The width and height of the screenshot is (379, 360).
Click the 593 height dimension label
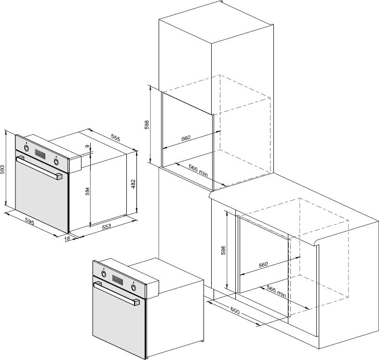click(x=2, y=169)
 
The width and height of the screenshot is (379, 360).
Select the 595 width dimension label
click(x=30, y=222)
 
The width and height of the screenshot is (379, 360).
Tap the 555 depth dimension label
click(x=116, y=138)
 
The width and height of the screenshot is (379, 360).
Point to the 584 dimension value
click(x=87, y=191)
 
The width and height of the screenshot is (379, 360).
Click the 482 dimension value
click(x=133, y=184)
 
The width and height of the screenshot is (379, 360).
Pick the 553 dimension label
click(x=107, y=227)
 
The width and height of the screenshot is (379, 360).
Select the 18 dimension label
click(x=67, y=238)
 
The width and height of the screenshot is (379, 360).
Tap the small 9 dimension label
click(x=87, y=146)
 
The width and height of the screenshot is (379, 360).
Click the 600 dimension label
click(x=235, y=311)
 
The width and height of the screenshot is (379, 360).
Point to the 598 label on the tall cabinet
click(x=147, y=125)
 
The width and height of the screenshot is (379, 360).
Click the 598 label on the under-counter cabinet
click(x=223, y=250)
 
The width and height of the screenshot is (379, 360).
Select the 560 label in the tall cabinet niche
click(x=186, y=138)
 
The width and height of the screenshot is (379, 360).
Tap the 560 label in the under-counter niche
click(x=263, y=264)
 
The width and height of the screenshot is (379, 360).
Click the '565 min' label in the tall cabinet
click(x=198, y=170)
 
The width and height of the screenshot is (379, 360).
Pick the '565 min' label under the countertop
click(x=276, y=291)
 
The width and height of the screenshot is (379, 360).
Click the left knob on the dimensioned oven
click(x=27, y=148)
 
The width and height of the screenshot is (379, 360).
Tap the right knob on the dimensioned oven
click(x=56, y=161)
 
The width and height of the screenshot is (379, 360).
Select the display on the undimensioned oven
click(x=118, y=279)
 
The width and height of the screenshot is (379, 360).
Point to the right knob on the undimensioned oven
click(x=134, y=287)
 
